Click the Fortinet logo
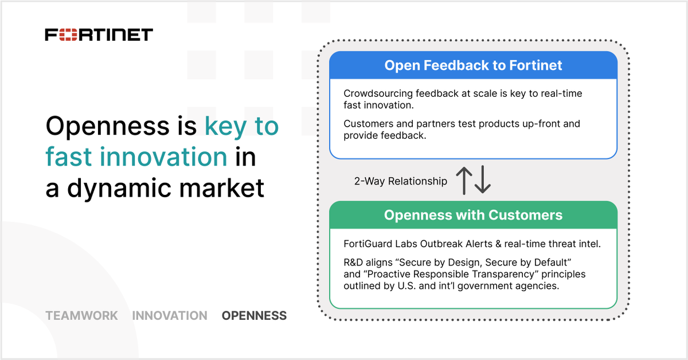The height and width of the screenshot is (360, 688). [99, 34]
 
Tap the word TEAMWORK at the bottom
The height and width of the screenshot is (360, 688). [81, 315]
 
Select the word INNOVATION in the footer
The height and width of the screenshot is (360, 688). [170, 315]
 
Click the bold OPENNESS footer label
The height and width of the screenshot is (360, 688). [254, 315]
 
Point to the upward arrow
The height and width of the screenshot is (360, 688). [464, 181]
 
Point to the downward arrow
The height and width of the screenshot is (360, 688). [483, 181]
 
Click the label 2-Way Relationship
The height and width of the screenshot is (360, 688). [400, 181]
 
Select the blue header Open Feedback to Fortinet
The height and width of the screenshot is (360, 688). [473, 65]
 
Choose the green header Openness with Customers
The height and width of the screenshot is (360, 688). [473, 215]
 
